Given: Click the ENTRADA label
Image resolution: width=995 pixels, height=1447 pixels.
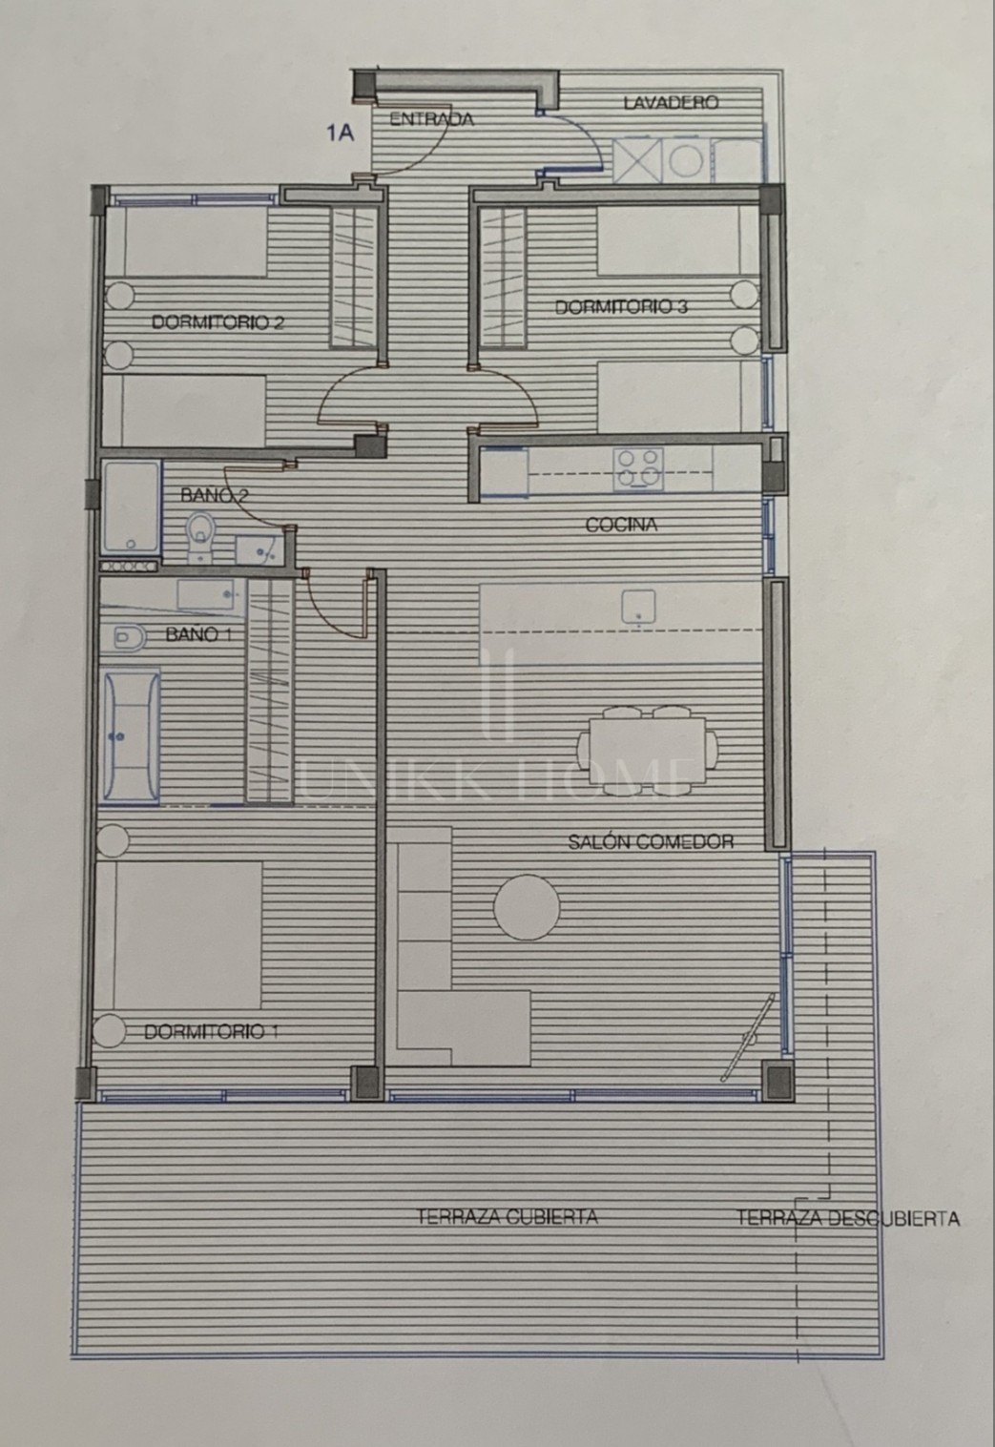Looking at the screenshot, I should [432, 120].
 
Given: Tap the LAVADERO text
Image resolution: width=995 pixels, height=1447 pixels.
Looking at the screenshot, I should [670, 103].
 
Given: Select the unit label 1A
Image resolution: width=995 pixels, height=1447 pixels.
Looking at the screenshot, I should [341, 133].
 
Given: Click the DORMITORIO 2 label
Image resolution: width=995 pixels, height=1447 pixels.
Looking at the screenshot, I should [218, 322].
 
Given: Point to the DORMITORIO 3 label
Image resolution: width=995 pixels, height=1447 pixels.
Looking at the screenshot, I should [621, 307].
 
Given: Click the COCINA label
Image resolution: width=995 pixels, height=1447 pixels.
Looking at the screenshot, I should [621, 525].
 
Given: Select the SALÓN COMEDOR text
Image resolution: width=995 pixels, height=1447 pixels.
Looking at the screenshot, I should [651, 841].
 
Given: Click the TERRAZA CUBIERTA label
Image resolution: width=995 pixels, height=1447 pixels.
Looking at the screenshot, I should [507, 1217].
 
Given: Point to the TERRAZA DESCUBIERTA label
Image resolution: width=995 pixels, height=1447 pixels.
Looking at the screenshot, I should [848, 1218].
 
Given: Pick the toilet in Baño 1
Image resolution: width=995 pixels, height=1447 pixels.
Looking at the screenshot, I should [128, 638].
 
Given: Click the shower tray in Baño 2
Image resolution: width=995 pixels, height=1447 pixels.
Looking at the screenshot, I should [132, 506].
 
